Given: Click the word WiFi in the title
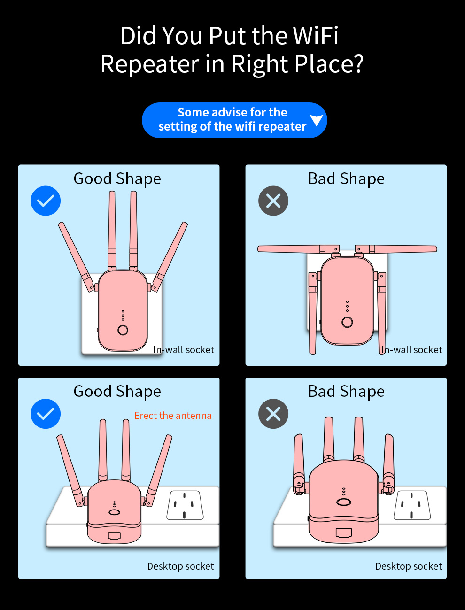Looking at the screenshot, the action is tap(316, 35).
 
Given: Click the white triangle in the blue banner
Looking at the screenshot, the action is tap(317, 120).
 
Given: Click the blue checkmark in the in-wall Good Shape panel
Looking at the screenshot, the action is tap(46, 201).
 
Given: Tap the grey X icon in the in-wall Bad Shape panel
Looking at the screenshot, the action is tap(273, 201).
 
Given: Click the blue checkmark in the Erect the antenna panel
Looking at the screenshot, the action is tap(46, 414).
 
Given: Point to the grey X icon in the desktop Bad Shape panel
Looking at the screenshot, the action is tap(273, 414).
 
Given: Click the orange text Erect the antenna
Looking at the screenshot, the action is tap(173, 416).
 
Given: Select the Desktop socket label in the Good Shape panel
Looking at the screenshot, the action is tap(180, 566).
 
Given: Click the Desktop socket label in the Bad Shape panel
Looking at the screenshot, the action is tap(408, 566).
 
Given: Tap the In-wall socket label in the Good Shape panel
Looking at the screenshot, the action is tap(184, 349).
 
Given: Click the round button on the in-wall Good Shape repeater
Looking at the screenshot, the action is tap(123, 330).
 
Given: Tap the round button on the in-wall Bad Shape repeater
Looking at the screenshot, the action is tap(347, 322).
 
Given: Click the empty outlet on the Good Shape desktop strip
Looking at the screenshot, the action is tap(185, 505).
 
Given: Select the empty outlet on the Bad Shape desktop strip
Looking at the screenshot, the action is tap(412, 505).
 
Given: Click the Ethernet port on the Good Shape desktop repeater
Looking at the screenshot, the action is tap(114, 535).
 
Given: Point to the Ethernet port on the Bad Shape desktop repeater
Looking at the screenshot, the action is tap(344, 533).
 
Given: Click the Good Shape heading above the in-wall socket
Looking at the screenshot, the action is tap(117, 179).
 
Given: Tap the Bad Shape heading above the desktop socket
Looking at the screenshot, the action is tap(346, 392).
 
